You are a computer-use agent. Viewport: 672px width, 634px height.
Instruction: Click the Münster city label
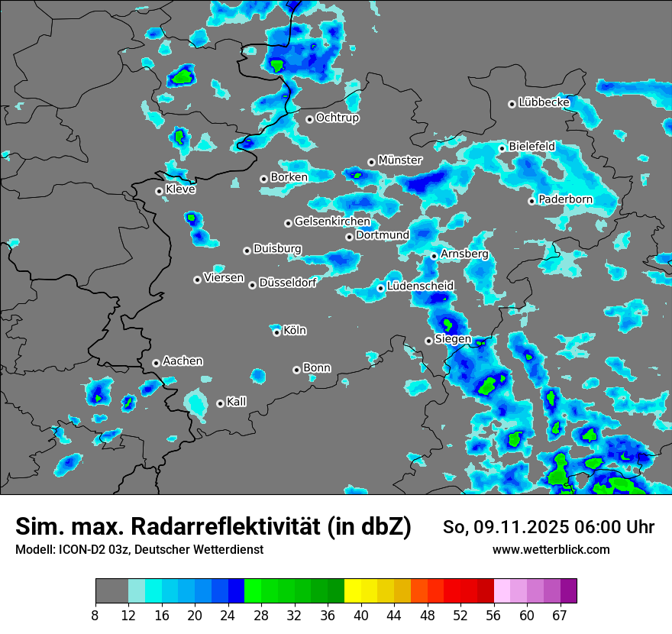click(x=399, y=160)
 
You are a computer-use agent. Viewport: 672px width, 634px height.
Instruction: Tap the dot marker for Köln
click(x=276, y=332)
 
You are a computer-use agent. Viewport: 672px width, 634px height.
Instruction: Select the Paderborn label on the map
click(x=565, y=199)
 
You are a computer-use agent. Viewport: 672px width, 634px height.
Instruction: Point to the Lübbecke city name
click(x=544, y=102)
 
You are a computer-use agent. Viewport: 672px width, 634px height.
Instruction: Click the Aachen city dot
click(x=156, y=363)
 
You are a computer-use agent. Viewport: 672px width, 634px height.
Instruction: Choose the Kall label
click(x=236, y=402)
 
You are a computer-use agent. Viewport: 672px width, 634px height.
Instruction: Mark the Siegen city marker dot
click(x=428, y=341)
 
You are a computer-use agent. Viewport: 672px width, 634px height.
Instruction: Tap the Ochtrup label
click(x=337, y=118)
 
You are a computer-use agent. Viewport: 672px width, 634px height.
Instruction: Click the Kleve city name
click(x=180, y=189)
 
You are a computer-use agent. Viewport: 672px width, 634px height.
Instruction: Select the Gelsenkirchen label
click(x=332, y=222)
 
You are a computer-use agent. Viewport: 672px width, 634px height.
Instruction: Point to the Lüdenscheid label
click(x=420, y=286)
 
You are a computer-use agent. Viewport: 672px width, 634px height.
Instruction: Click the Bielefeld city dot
click(x=502, y=148)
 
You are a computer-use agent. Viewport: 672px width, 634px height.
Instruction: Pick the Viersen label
click(x=224, y=278)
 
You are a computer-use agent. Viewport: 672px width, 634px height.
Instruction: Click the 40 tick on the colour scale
click(x=360, y=615)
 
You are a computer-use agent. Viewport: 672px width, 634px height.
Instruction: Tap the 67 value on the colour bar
click(x=560, y=615)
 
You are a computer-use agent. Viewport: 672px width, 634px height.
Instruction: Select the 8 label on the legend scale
click(x=95, y=615)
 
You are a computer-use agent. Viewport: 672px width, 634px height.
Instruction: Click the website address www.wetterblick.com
click(x=551, y=550)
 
